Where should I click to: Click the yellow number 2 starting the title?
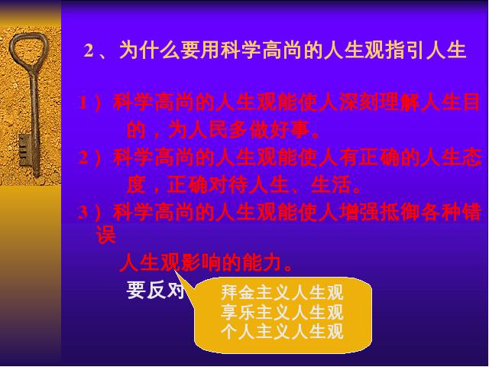89,50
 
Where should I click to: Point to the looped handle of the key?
29,48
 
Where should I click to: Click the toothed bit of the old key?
24,150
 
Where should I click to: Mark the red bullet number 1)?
89,102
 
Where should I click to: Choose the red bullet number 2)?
89,158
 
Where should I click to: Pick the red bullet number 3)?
89,213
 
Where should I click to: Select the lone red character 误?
106,235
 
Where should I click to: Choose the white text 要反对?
155,291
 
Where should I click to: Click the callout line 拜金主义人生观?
282,292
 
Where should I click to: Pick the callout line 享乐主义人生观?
282,312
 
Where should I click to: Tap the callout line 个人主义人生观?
282,331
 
